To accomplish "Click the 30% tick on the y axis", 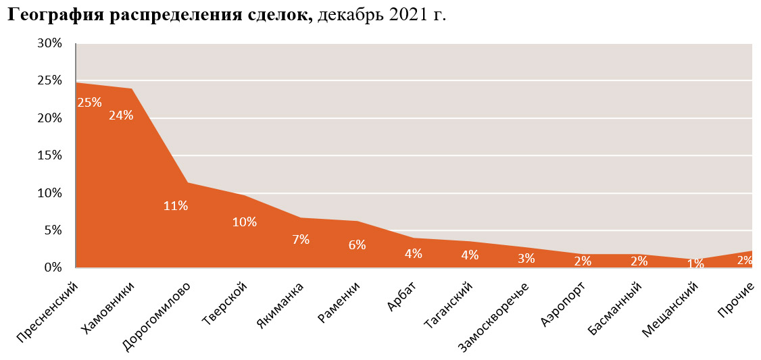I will pyautogui.click(x=50, y=43).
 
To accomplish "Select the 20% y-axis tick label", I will pyautogui.click(x=50, y=118).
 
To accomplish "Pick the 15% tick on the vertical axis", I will pyautogui.click(x=50, y=155).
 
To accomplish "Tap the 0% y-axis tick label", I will pyautogui.click(x=53, y=267).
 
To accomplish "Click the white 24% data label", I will pyautogui.click(x=121, y=115).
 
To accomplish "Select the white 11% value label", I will pyautogui.click(x=176, y=205).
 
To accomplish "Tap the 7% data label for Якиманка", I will pyautogui.click(x=301, y=238).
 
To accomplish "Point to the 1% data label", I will pyautogui.click(x=695, y=263).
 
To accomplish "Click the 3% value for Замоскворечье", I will pyautogui.click(x=526, y=257).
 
